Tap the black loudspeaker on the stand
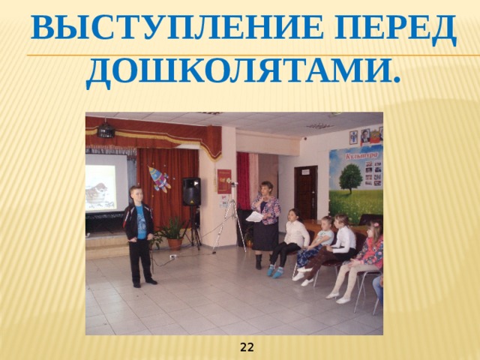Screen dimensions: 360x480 pos(191,191)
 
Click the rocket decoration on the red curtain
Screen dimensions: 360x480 pos(160,179)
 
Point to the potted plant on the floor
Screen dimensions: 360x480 pos(173,232)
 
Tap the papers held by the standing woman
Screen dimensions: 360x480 pos(254,217)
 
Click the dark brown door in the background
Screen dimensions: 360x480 pos(305,192)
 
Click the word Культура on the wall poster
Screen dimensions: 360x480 pos(361,155)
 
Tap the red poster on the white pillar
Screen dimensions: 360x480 pos(224,181)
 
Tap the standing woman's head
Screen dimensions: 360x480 pos(265,187)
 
